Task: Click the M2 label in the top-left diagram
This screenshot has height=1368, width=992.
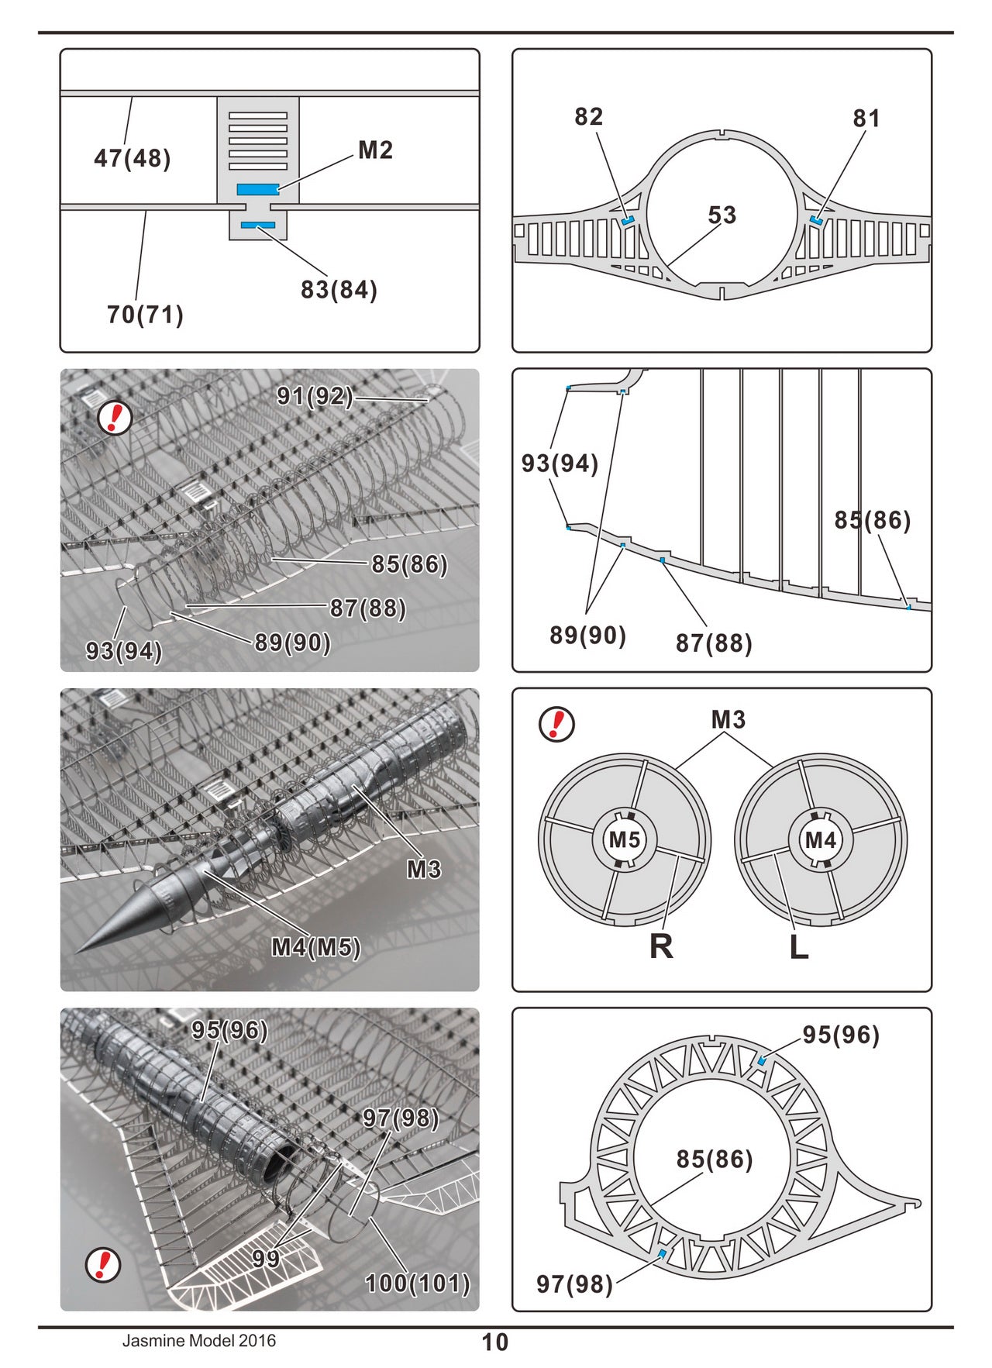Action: click(x=375, y=150)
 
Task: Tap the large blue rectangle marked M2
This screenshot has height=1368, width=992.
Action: click(x=257, y=189)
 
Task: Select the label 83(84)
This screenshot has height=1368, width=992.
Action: click(x=339, y=290)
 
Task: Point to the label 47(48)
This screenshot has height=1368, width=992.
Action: click(x=132, y=158)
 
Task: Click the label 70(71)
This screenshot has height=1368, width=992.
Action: click(x=145, y=315)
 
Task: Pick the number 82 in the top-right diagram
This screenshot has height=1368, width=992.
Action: click(x=588, y=117)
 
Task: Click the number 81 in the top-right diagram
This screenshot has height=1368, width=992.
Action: click(x=866, y=119)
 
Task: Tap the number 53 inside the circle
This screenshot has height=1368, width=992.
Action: click(x=722, y=215)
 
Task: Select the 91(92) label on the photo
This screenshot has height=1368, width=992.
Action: click(x=315, y=397)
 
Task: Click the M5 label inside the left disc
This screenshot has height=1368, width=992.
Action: click(x=624, y=839)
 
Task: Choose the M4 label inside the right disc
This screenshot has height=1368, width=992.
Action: click(x=820, y=839)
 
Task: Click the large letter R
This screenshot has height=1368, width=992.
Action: click(x=661, y=946)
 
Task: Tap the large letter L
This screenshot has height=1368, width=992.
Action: click(x=799, y=946)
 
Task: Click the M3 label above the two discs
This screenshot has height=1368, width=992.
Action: click(x=728, y=720)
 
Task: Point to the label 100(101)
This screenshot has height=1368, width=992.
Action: click(x=417, y=1284)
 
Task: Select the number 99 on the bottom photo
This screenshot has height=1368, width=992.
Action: click(x=266, y=1258)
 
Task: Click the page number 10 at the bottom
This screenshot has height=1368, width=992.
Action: click(x=495, y=1342)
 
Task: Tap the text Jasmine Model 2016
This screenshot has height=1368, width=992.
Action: click(x=198, y=1341)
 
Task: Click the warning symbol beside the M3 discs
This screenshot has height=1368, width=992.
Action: click(x=556, y=724)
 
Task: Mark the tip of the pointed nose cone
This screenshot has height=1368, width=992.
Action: click(x=77, y=953)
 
